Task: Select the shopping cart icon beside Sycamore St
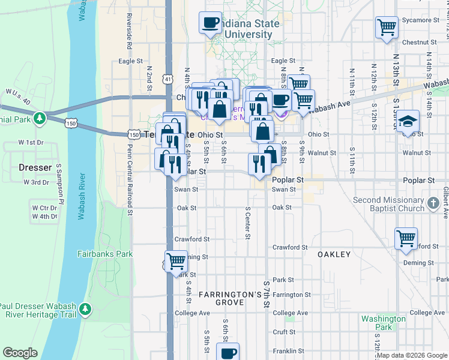[x=387, y=26]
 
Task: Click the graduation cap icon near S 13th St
[x=407, y=121]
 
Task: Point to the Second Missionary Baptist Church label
[x=388, y=204]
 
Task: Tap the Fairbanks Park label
[x=105, y=254]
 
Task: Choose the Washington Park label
[x=384, y=323]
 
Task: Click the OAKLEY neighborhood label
[x=334, y=254]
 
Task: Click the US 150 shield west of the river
[x=71, y=123]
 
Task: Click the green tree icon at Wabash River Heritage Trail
[x=86, y=309]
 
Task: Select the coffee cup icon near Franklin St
[x=228, y=352]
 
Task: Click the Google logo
[x=20, y=353]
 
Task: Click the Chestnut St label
[x=419, y=43]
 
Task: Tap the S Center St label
[x=247, y=222]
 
